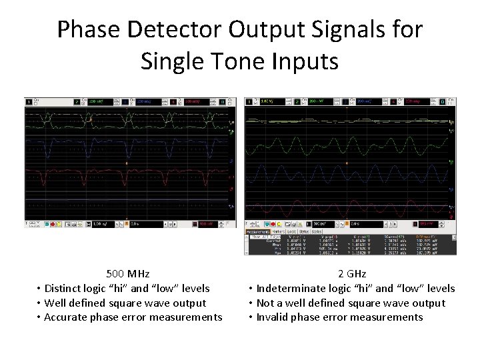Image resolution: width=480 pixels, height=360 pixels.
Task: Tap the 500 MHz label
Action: [128, 274]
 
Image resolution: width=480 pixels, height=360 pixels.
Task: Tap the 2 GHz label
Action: [351, 274]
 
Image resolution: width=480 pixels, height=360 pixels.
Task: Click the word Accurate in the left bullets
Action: [67, 317]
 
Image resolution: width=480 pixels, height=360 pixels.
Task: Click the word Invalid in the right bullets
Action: [273, 317]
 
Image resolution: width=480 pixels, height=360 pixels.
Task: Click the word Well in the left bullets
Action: [55, 303]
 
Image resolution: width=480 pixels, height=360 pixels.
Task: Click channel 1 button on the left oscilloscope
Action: [29, 102]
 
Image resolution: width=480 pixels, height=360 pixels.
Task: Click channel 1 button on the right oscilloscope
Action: [249, 102]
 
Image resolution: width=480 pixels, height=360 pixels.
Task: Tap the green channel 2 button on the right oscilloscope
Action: [297, 102]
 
